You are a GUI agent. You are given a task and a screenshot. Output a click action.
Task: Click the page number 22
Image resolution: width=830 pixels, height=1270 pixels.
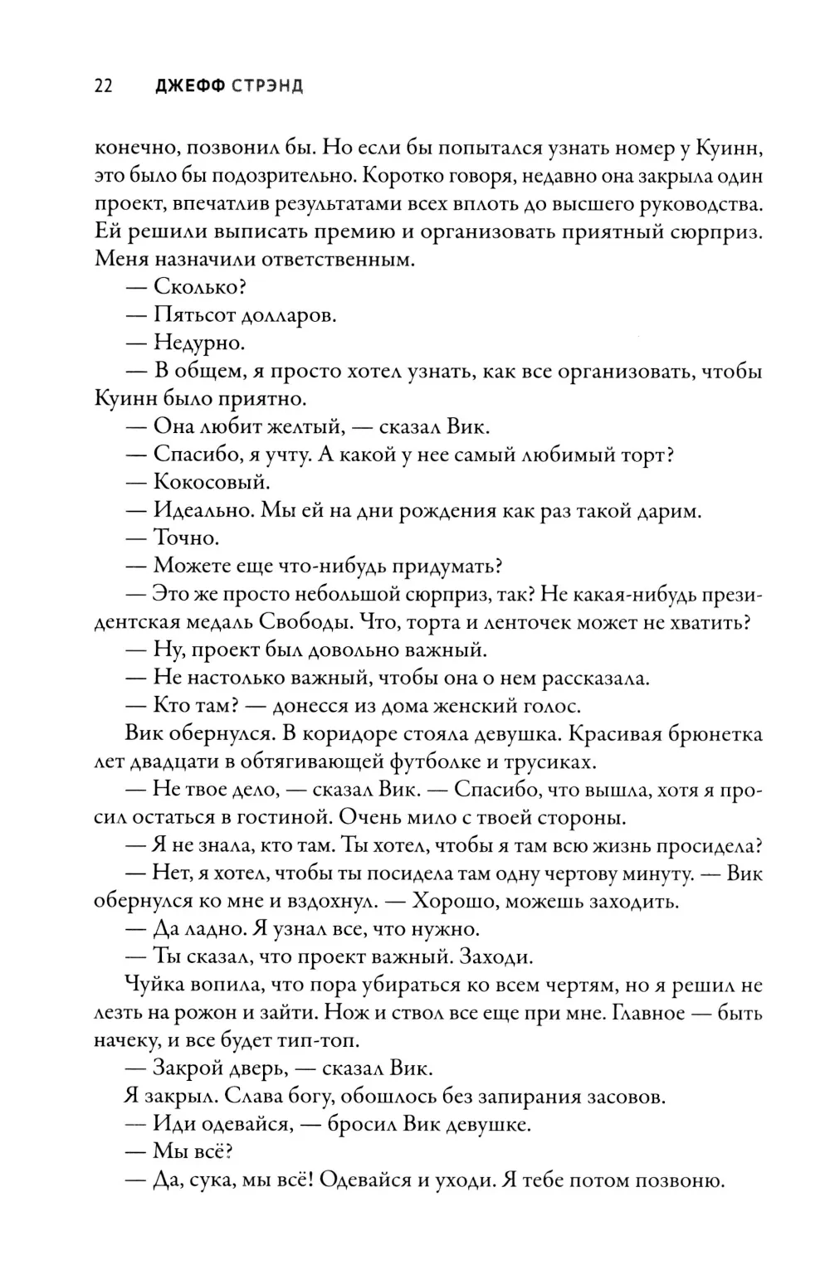coord(104,86)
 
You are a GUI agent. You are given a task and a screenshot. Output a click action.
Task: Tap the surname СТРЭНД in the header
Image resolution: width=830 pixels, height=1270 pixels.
coord(267,86)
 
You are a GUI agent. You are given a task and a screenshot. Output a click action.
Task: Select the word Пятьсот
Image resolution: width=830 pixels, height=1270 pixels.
coord(193,315)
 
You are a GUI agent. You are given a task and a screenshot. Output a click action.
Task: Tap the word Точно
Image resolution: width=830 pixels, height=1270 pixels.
coord(186,538)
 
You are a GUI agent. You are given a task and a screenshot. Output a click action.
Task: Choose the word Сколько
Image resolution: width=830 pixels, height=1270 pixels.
coord(200,287)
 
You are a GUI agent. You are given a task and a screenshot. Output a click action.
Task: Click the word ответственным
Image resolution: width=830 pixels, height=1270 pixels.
coord(326,260)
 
